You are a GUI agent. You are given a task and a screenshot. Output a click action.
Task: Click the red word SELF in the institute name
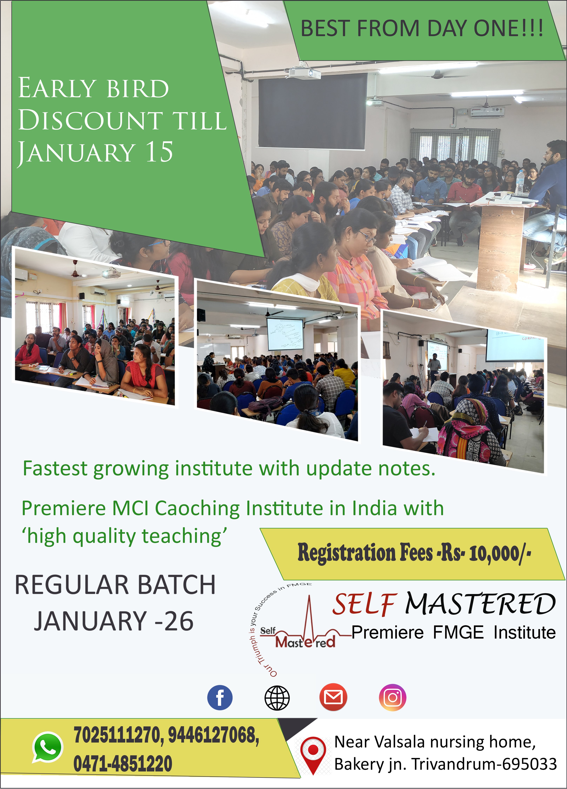click(x=364, y=604)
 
